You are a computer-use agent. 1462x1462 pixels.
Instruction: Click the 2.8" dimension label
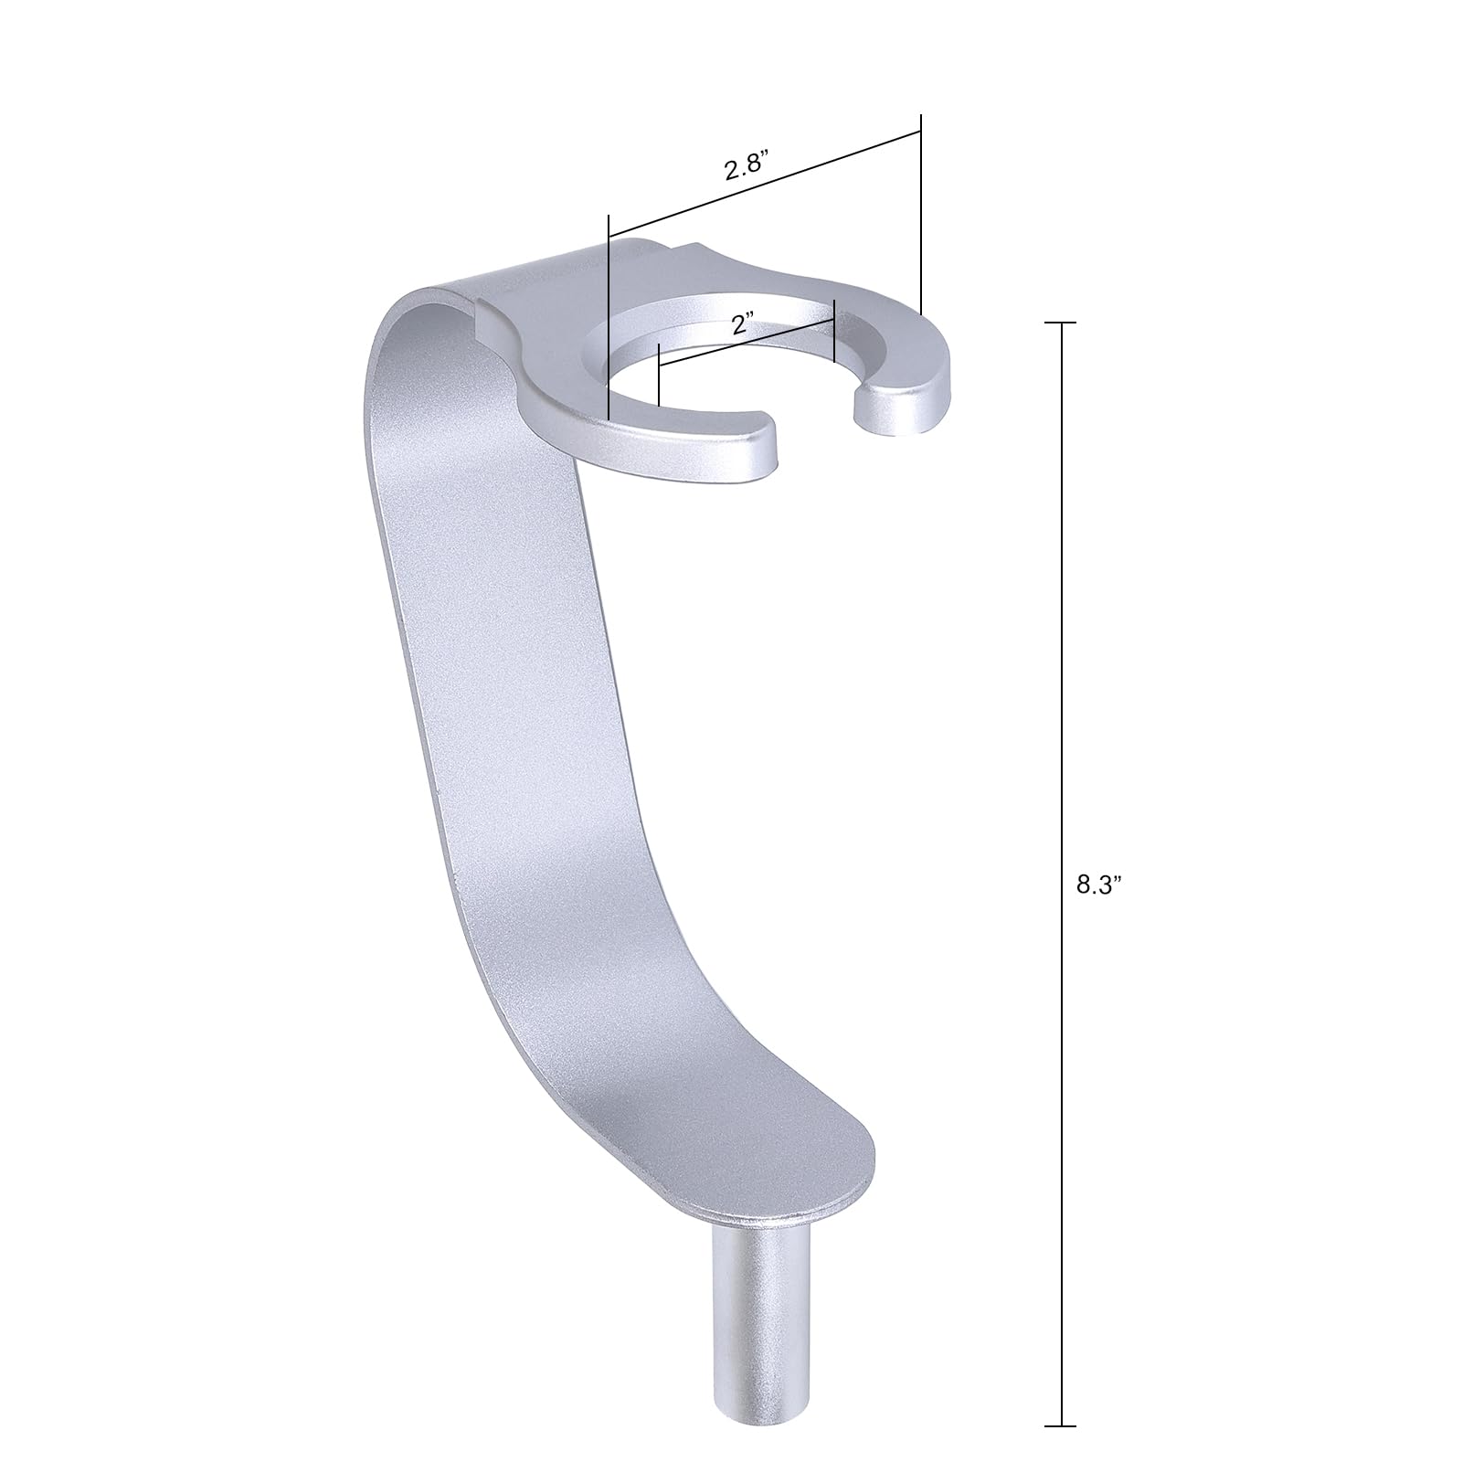tap(744, 170)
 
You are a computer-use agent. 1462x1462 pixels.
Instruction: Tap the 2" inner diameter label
tap(742, 323)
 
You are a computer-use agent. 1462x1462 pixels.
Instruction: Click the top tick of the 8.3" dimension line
tap(1061, 323)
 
